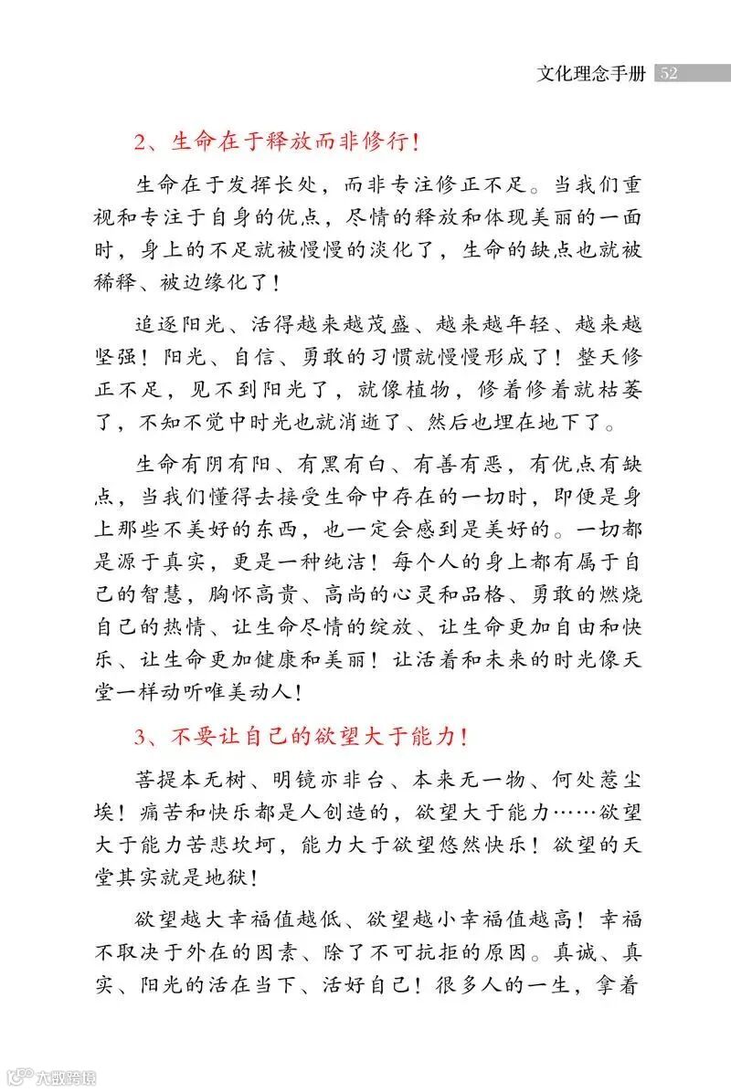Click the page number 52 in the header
tap(668, 73)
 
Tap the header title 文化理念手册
tap(591, 73)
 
